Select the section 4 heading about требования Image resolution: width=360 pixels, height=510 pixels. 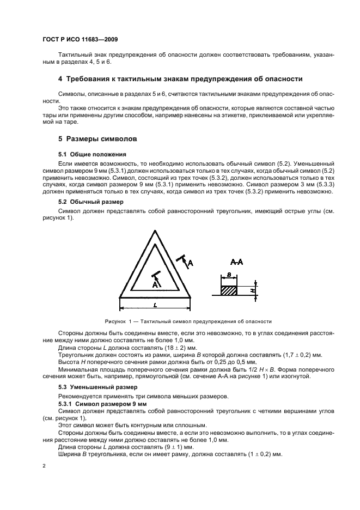point(180,79)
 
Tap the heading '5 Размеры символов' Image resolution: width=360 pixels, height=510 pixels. point(97,139)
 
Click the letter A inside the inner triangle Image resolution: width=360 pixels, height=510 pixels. point(155,284)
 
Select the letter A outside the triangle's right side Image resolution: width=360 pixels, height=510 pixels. point(190,263)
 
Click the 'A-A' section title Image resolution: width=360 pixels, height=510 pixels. point(236,262)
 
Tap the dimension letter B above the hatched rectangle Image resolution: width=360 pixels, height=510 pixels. point(229,276)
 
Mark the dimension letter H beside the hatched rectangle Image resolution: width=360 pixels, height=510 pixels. point(252,291)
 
